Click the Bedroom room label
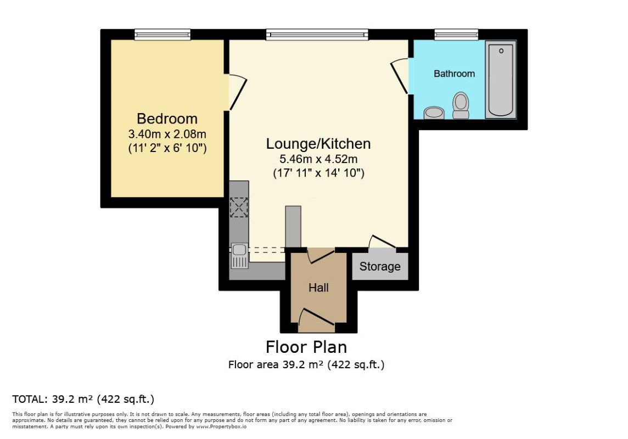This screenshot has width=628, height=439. [167, 119]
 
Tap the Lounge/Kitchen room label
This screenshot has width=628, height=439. [318, 144]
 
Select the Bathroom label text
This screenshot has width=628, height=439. [454, 74]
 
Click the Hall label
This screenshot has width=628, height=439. [318, 287]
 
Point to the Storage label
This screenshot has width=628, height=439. [380, 267]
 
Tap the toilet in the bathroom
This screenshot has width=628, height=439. [461, 105]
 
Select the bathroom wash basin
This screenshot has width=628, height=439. [435, 112]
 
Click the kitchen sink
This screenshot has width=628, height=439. [239, 256]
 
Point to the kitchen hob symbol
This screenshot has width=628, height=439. [239, 207]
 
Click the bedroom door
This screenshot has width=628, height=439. [237, 92]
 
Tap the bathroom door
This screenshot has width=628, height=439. [400, 77]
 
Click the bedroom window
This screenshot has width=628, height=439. [162, 35]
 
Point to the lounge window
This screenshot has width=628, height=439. [317, 35]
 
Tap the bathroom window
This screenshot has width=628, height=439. [456, 35]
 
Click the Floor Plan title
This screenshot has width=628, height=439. [306, 347]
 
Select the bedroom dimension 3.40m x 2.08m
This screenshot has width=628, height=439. [167, 133]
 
